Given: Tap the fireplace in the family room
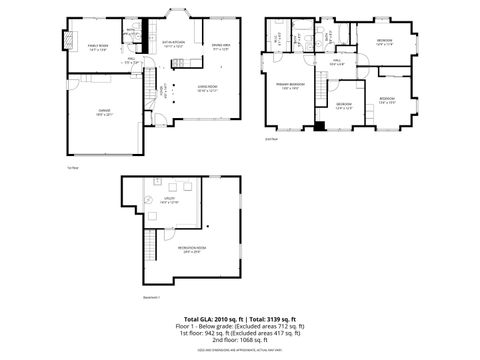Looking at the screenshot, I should pyautogui.click(x=69, y=41).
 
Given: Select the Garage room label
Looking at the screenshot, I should pyautogui.click(x=104, y=113).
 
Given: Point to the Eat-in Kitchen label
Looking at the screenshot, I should pyautogui.click(x=174, y=43).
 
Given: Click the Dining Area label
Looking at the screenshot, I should pyautogui.click(x=221, y=46).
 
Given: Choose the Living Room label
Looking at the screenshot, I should pyautogui.click(x=208, y=88).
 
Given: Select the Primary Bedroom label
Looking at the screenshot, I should pyautogui.click(x=293, y=87).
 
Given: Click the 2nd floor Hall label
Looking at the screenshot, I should pyautogui.click(x=337, y=65).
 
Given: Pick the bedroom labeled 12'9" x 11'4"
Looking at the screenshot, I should pyautogui.click(x=385, y=43).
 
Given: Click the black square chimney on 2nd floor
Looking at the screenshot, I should pyautogui.click(x=319, y=126).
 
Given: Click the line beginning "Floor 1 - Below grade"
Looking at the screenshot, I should pyautogui.click(x=239, y=325).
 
